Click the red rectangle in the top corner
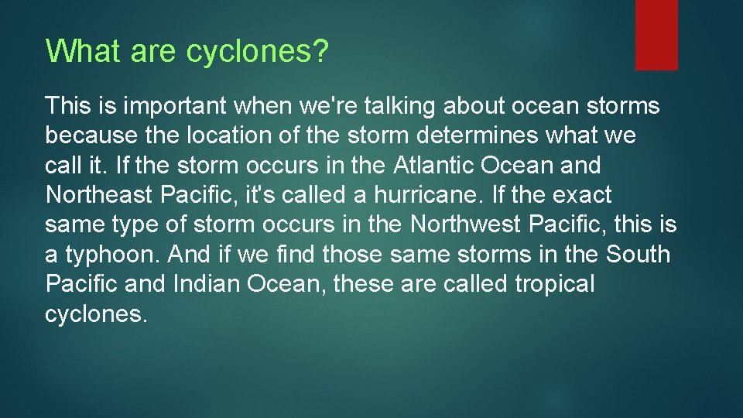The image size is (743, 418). click(656, 35)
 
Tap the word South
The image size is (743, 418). click(639, 254)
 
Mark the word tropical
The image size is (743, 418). click(555, 284)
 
